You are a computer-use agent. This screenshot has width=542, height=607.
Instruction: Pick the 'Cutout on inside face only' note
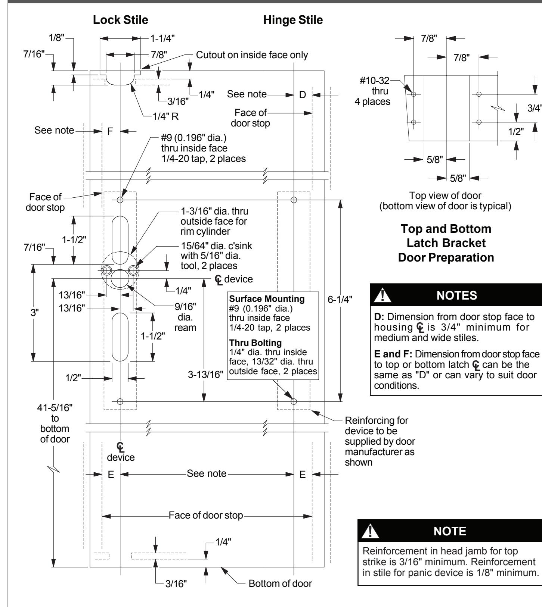252,56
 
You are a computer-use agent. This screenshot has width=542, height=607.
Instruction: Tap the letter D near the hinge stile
303,95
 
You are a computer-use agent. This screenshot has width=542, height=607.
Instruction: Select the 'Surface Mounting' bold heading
267,299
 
